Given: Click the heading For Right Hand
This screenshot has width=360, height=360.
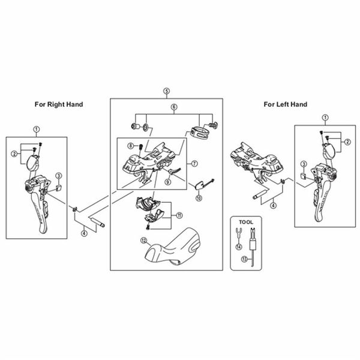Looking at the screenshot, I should [58, 104].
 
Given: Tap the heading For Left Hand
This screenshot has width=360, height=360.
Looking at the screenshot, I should [286, 104].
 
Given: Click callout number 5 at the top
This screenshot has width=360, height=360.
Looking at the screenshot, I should [166, 91].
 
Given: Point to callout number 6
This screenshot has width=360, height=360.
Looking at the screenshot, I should [174, 107].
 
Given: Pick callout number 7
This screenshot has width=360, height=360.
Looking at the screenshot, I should [194, 163].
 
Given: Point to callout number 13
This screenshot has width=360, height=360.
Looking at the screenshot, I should [244, 259].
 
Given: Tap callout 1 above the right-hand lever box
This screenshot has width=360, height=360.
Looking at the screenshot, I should [36, 128].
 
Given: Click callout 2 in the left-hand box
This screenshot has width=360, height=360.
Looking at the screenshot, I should [347, 142].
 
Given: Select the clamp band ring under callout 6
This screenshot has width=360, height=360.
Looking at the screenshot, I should [203, 127].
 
